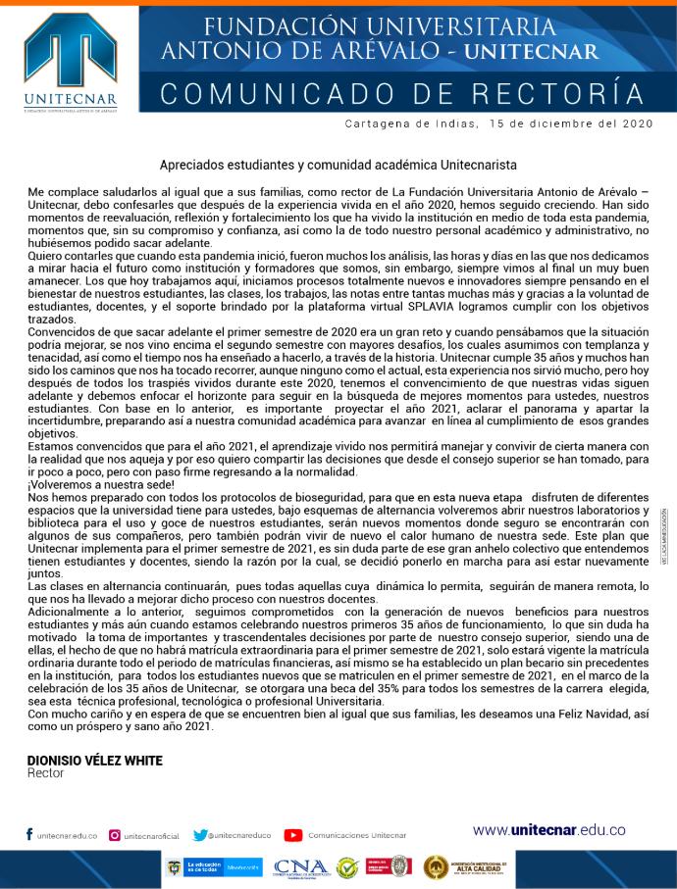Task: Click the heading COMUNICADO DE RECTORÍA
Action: pyautogui.click(x=402, y=93)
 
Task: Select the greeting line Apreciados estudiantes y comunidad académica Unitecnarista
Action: pyautogui.click(x=338, y=167)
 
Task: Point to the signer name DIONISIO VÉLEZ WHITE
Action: pyautogui.click(x=95, y=761)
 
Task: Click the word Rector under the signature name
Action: pyautogui.click(x=46, y=773)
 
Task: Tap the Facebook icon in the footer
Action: pyautogui.click(x=29, y=835)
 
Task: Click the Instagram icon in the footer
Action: pyautogui.click(x=115, y=835)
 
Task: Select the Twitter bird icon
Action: pyautogui.click(x=200, y=835)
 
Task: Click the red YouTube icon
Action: pyautogui.click(x=292, y=835)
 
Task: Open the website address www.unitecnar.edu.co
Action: pyautogui.click(x=548, y=830)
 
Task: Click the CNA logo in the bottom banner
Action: pyautogui.click(x=299, y=867)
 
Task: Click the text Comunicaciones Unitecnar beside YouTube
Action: pyautogui.click(x=357, y=836)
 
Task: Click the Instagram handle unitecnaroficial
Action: pyautogui.click(x=152, y=836)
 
